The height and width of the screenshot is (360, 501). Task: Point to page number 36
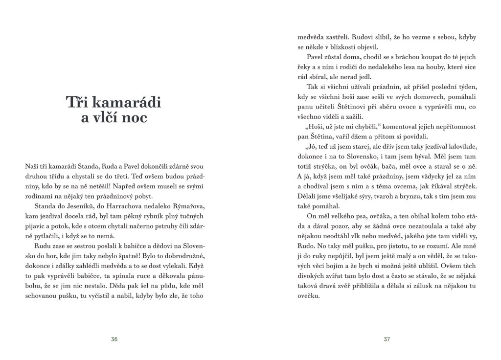[114, 339]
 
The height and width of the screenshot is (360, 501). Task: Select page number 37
[387, 339]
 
